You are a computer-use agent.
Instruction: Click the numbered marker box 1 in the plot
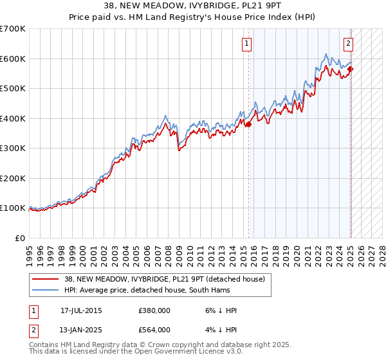tap(247, 44)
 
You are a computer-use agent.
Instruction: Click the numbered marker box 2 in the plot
tap(348, 44)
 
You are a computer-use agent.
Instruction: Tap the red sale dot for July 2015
tap(248, 125)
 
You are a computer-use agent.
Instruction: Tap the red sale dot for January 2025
tap(351, 69)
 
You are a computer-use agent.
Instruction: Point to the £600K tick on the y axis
tap(14, 59)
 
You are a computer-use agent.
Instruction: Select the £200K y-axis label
tap(14, 178)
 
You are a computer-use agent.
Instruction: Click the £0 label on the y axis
tap(20, 238)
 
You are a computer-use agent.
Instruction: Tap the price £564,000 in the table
tap(154, 330)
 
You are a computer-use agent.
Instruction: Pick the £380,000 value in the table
tap(154, 311)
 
